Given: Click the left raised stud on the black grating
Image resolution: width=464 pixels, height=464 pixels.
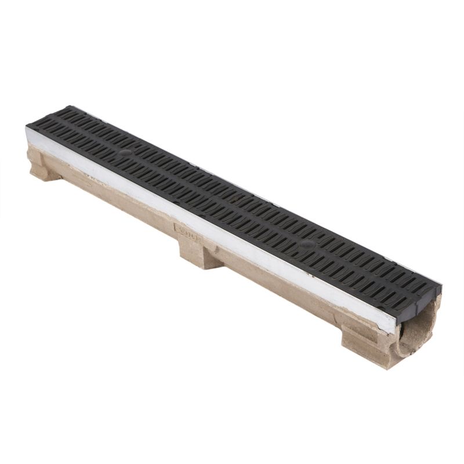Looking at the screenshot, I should coord(125,153).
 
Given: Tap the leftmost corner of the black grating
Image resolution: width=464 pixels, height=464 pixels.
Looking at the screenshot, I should coord(27,126).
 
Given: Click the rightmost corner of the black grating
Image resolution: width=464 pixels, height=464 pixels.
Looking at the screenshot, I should coord(440,287).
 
